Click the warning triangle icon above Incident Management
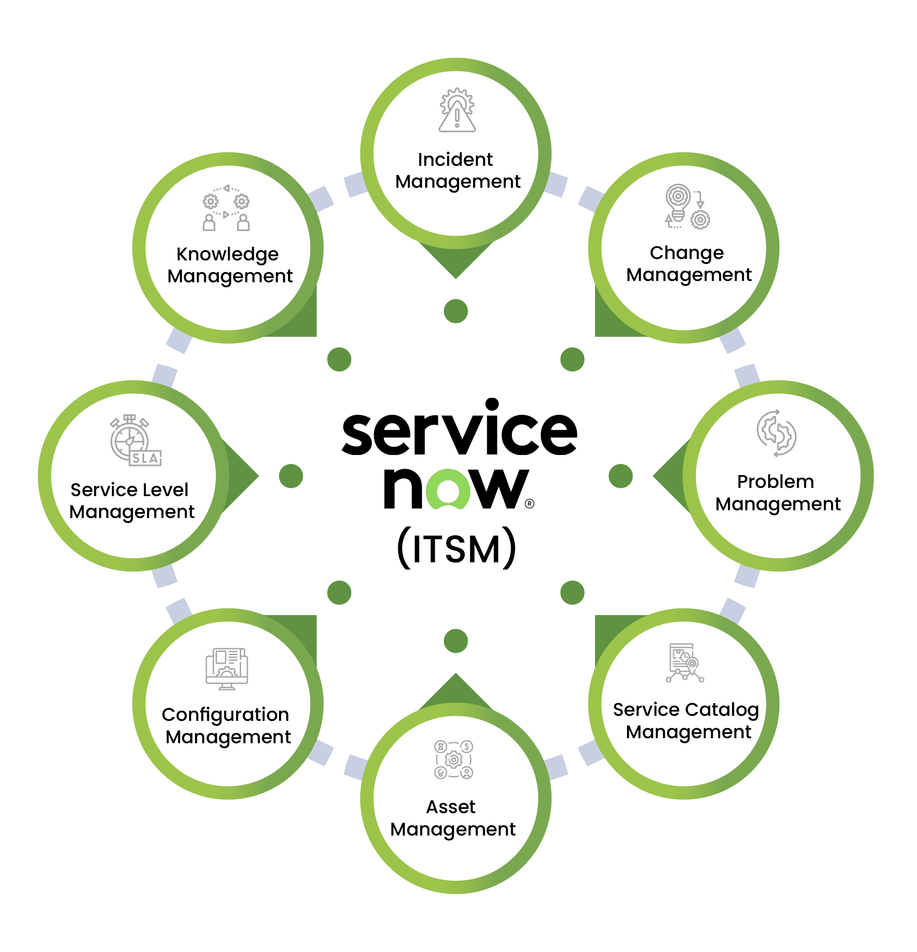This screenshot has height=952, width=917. [x=457, y=111]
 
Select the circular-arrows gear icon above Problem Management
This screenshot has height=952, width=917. [x=776, y=433]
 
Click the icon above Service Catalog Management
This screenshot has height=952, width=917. [x=685, y=663]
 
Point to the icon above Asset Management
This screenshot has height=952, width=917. [x=453, y=760]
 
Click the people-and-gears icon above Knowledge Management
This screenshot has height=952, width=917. [x=226, y=208]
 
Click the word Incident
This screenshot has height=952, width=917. [x=455, y=160]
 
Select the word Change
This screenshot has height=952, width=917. [x=686, y=253]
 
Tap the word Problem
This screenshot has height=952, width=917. [x=775, y=482]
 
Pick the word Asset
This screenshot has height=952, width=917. [x=450, y=807]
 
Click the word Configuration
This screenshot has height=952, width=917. [x=225, y=715]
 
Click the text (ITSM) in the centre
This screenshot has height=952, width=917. [x=456, y=548]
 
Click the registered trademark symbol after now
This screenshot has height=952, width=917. [x=530, y=504]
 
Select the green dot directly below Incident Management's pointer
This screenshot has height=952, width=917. [x=456, y=311]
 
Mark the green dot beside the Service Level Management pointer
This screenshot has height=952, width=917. [x=291, y=476]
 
